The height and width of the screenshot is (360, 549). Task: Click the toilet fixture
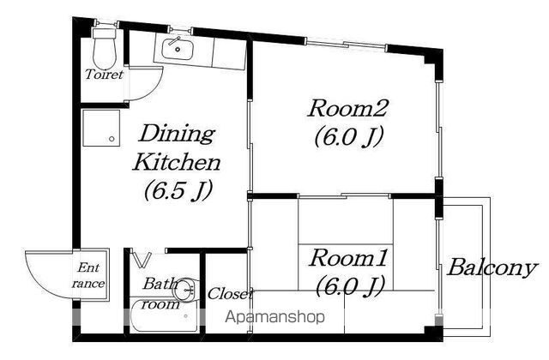click(105, 48)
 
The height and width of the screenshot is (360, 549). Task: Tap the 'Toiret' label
click(105, 75)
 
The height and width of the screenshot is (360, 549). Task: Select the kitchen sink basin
click(178, 50)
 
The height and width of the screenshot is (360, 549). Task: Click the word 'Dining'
click(177, 134)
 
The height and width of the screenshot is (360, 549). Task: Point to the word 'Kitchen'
click(177, 162)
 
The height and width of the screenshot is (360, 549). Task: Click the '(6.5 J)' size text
click(178, 190)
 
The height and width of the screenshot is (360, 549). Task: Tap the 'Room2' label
click(347, 108)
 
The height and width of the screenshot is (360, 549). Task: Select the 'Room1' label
click(347, 258)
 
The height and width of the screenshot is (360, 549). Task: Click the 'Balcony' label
click(492, 268)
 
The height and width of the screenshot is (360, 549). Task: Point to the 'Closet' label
click(230, 294)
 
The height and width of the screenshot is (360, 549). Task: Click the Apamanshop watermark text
click(274, 317)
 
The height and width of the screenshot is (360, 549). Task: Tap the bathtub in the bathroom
click(164, 315)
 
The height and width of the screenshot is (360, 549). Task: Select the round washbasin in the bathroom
click(185, 290)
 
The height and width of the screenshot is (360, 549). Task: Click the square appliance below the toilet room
click(101, 128)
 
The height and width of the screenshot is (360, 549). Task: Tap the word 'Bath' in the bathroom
click(160, 284)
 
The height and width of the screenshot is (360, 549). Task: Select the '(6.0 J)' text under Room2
click(349, 136)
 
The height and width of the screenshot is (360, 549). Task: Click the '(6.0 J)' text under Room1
click(349, 286)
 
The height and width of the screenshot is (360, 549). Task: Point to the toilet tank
click(105, 34)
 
